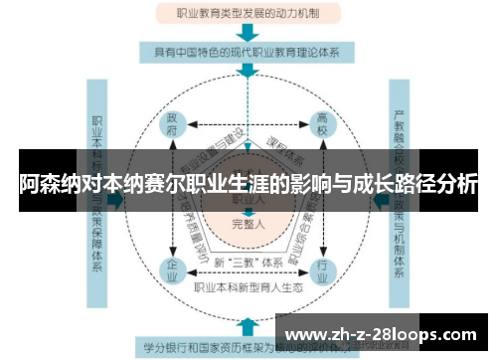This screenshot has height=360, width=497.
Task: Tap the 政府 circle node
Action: pos(172,125)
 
